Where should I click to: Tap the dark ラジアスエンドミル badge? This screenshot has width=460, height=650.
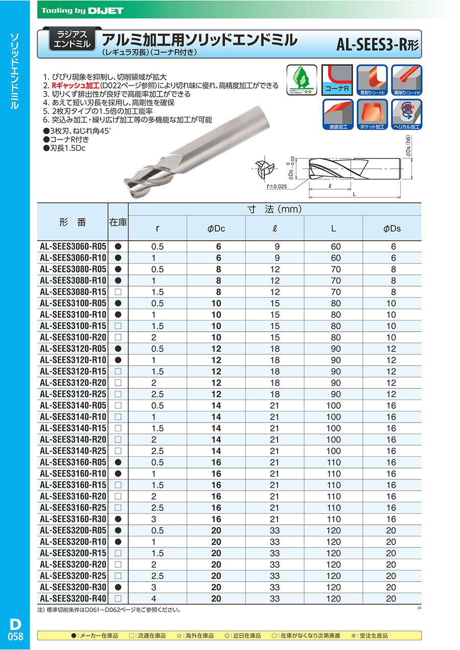[72, 39]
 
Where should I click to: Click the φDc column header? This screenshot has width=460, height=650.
[216, 229]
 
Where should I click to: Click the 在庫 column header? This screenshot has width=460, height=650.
[118, 222]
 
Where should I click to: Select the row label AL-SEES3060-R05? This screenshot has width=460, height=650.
[73, 247]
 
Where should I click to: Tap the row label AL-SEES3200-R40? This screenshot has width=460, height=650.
[73, 598]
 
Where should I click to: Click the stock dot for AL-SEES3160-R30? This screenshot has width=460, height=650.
[118, 519]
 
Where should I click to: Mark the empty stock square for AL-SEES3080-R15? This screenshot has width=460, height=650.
[118, 292]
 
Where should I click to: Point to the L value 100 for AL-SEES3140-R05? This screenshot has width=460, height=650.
[333, 406]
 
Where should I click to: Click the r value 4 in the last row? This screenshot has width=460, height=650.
[158, 598]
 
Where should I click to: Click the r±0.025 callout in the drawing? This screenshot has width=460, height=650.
[277, 187]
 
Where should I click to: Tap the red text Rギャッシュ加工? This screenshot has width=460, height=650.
[74, 85]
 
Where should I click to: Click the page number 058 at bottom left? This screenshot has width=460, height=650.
[14, 635]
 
